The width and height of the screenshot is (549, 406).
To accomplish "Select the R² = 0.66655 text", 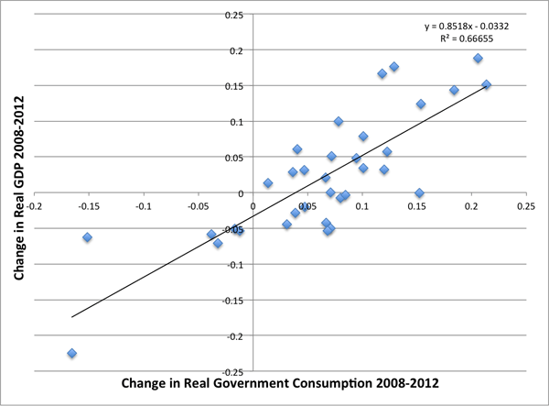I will click(x=484, y=39).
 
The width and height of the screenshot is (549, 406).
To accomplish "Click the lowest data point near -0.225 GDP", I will click(x=71, y=354).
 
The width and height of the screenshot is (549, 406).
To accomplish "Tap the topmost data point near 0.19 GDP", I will click(x=478, y=59).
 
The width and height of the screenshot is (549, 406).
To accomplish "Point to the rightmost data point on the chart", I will click(x=487, y=85).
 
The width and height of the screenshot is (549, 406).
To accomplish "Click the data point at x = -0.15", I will click(x=88, y=237).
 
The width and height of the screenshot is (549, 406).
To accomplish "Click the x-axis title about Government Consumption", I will click(x=272, y=382).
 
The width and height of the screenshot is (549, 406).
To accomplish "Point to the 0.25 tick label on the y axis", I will click(x=235, y=16).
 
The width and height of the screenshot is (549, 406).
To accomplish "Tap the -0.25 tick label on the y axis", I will click(x=233, y=371).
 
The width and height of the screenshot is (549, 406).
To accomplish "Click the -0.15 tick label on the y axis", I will click(x=233, y=300).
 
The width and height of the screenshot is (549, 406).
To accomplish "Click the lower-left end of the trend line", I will click(x=72, y=317).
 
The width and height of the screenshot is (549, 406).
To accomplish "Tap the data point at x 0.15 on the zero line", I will click(x=419, y=193).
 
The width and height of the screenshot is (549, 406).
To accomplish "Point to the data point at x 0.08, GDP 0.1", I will click(x=339, y=121).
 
